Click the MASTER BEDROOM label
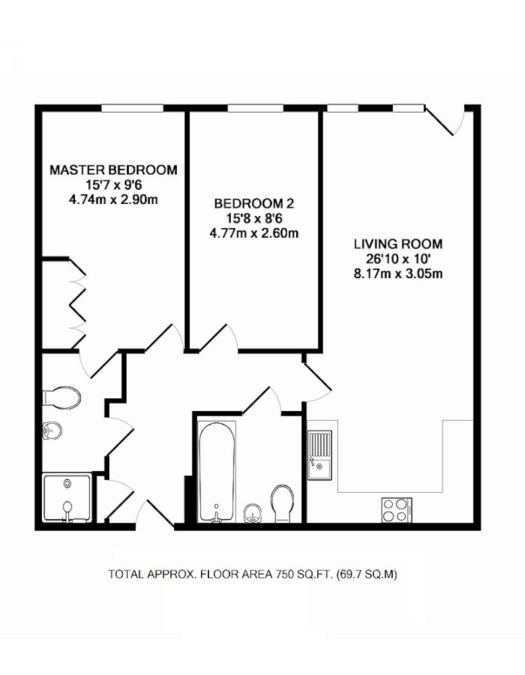[113, 170]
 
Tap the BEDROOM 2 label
[254, 203]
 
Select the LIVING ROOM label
[398, 244]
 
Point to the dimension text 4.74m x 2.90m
[113, 200]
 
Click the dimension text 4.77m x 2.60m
[254, 233]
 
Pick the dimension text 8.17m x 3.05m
[398, 273]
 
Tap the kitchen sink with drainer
[320, 454]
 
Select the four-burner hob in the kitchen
[396, 510]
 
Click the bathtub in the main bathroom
[217, 471]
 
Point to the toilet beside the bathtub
[282, 504]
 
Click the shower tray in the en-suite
[67, 497]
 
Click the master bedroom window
[132, 109]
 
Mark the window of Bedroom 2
[255, 109]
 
